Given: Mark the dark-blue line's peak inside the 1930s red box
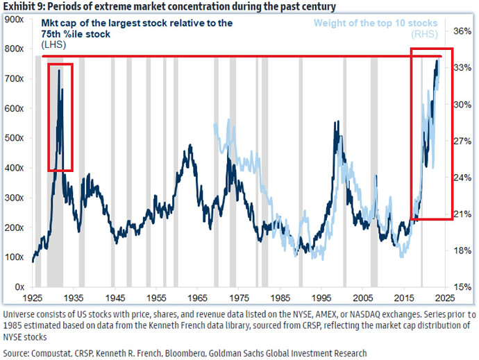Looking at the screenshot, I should click(x=59, y=69).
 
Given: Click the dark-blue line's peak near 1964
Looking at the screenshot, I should click(x=190, y=145).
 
